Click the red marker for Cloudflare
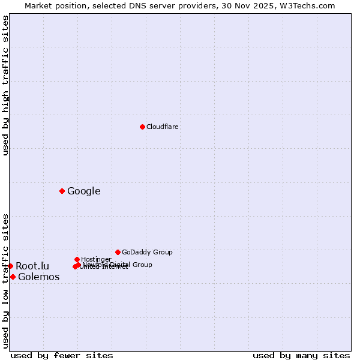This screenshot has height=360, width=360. pos(142,127)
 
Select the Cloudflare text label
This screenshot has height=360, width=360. pos(162,127)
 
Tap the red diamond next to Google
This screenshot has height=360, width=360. pos(62,191)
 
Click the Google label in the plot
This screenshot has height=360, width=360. pos(83,191)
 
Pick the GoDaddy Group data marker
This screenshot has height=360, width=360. pos(118,252)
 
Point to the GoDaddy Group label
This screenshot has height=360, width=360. pos(147,252)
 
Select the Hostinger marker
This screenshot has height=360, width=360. pos(77,259)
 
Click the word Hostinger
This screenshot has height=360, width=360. pos(96,259)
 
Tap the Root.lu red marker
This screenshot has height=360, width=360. pos(10,266)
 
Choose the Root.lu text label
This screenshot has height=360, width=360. pos(32,266)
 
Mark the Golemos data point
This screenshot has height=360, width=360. pos(13,277)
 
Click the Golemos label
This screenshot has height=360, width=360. pos(38,277)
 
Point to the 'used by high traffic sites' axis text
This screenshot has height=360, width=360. pos(6,85)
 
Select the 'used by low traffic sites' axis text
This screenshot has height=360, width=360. pos(6,281)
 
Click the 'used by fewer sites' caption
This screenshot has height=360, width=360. pos(62,355)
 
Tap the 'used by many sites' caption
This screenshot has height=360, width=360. pos(301,355)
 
